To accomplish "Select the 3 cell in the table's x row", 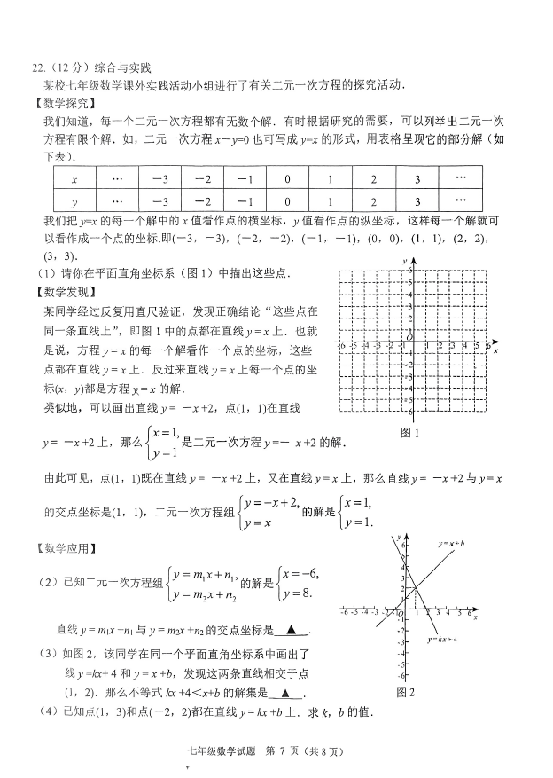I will [x=417, y=178].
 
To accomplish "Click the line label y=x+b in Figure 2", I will [x=451, y=542].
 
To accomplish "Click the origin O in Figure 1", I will [x=409, y=337].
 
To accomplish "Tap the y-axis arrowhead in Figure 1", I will [x=413, y=260].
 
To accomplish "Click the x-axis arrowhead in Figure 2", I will [x=480, y=610].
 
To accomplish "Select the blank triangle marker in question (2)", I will [x=292, y=632].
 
